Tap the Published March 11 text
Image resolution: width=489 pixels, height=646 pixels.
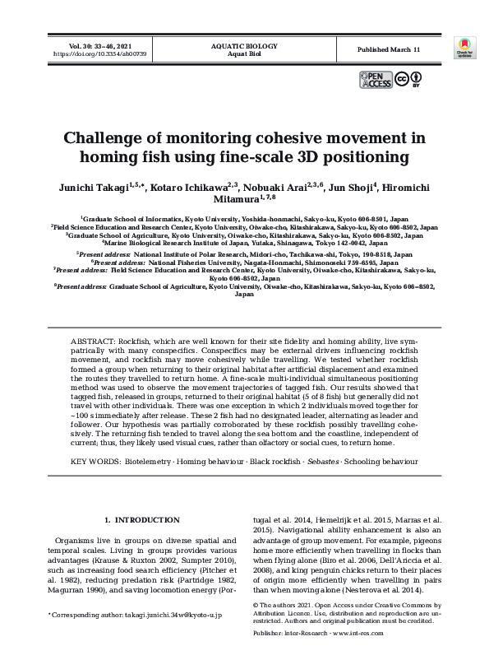coord(389,50)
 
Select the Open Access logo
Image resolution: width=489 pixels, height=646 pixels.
coord(375,80)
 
